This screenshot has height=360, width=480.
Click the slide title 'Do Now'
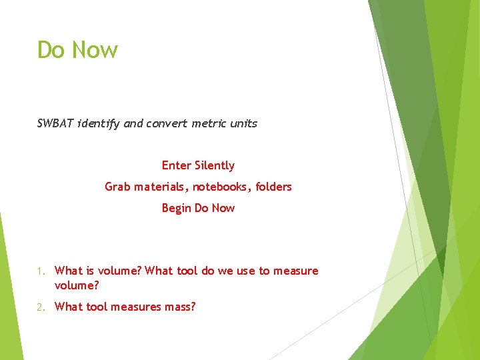point(77,50)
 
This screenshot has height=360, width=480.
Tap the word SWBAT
point(55,123)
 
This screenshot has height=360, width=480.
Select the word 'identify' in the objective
point(98,123)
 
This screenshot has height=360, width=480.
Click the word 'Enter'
point(177,165)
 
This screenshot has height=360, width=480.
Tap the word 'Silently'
point(215,165)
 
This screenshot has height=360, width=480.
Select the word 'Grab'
point(117,187)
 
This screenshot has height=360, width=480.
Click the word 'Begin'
point(176,208)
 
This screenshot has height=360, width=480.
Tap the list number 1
point(41,271)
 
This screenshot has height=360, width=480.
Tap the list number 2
point(41,307)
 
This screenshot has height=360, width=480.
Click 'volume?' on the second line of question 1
point(77,285)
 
